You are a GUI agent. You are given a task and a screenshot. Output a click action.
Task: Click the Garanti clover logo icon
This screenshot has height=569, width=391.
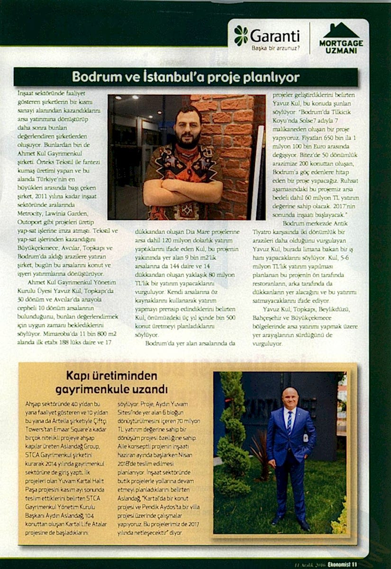pos(241,35)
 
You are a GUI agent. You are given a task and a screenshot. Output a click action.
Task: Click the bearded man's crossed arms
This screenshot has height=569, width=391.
pos(182,190)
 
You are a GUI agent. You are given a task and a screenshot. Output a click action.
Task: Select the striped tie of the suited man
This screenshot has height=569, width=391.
pos(289,422)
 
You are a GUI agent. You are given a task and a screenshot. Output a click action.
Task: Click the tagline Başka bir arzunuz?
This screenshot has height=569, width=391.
pos(275,48)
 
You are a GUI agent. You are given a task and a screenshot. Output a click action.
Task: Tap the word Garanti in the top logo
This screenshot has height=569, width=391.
pos(275,36)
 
